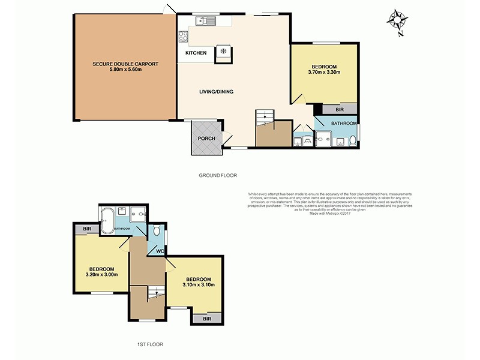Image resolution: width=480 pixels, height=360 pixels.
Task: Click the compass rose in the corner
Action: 396,20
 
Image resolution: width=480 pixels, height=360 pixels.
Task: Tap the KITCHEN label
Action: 196,53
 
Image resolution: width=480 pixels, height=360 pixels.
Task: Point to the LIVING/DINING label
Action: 216,92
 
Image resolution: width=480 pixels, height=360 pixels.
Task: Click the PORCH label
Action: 206,139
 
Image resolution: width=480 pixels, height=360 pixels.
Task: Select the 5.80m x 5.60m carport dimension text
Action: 125,70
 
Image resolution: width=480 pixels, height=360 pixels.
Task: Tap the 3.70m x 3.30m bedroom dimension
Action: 324,73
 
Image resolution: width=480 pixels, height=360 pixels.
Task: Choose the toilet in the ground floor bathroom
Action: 353,142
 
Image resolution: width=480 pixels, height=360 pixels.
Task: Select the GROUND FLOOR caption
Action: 218,176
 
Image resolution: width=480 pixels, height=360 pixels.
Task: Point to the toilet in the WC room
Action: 157,230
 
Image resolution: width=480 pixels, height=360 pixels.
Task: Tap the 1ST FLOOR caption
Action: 150,344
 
